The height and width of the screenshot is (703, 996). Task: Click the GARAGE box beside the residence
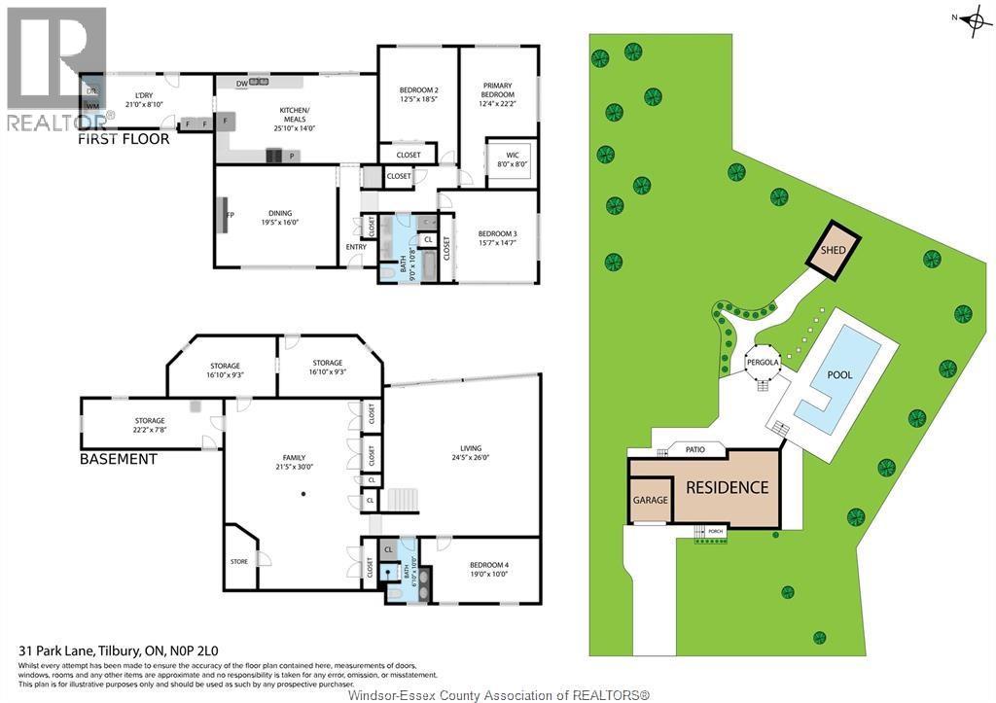651,500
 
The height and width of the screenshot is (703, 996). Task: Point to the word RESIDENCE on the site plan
728,487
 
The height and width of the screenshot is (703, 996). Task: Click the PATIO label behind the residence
694,449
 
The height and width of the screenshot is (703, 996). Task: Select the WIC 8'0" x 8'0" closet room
513,159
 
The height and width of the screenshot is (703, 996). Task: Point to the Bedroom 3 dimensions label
496,238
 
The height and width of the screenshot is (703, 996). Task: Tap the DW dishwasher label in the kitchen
240,84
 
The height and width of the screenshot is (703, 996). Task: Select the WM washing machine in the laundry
92,107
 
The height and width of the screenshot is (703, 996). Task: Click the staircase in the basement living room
403,501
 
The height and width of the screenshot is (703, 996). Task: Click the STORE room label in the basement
239,561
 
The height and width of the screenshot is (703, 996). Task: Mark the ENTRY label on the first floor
356,246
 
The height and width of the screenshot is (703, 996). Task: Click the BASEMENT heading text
118,458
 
